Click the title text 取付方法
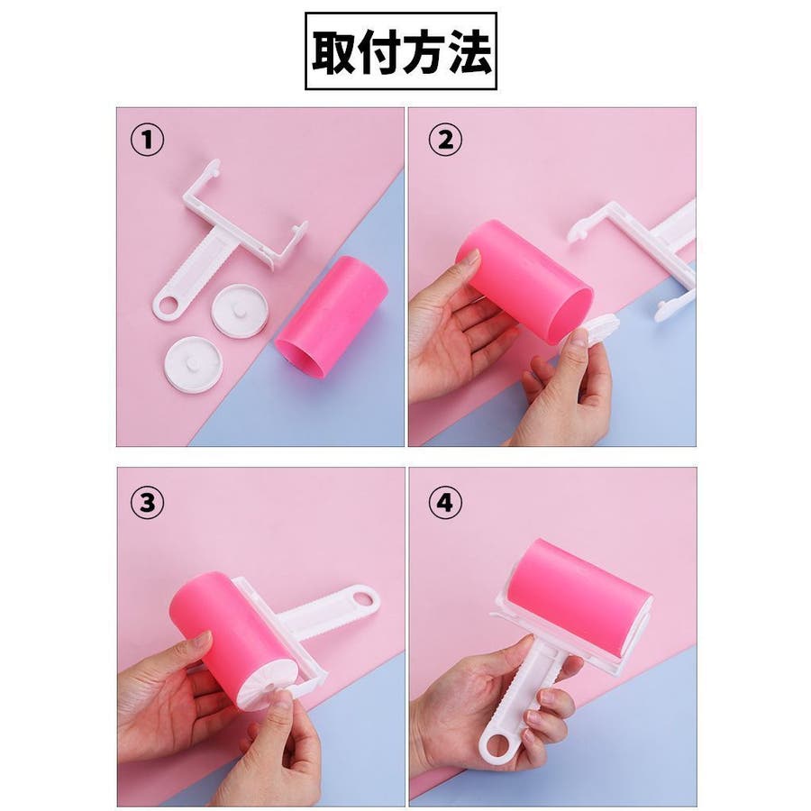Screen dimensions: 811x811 click(401, 51)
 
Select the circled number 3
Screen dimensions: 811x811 click(148, 502)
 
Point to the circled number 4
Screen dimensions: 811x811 click(445, 502)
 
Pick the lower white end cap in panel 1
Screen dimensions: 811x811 click(194, 364)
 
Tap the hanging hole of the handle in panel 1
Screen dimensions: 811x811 click(168, 305)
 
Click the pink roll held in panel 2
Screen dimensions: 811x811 click(525, 281)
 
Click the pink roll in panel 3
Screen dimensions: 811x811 click(235, 642)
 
